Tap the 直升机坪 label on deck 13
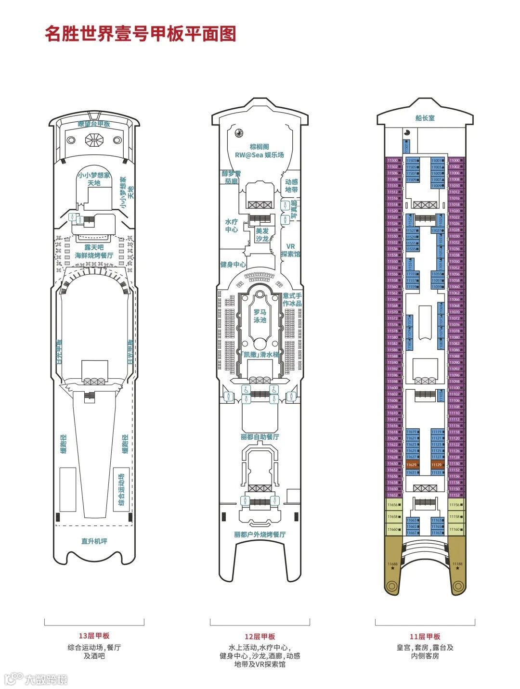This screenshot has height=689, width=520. tap(94, 541)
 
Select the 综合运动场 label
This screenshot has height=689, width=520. tap(121, 490)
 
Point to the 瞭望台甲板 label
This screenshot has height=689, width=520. tap(94, 124)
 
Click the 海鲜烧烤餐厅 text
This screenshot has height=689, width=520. tap(94, 255)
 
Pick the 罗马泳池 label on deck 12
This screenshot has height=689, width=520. tap(260, 316)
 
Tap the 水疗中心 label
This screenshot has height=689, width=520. tap(232, 226)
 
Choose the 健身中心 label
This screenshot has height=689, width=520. tap(233, 265)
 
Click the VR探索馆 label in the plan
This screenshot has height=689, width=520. tap(290, 250)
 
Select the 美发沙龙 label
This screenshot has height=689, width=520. tap(262, 235)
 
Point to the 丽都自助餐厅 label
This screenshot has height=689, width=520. tap(260, 437)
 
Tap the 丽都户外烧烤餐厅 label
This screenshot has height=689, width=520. tap(260, 535)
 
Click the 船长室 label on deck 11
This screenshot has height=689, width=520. tap(425, 118)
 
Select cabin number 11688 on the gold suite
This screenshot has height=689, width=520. tap(392, 564)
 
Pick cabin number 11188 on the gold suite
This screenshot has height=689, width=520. tap(457, 564)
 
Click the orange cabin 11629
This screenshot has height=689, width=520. tap(412, 465)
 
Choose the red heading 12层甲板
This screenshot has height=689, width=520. tap(260, 637)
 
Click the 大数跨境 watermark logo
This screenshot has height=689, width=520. tap(36, 679)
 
